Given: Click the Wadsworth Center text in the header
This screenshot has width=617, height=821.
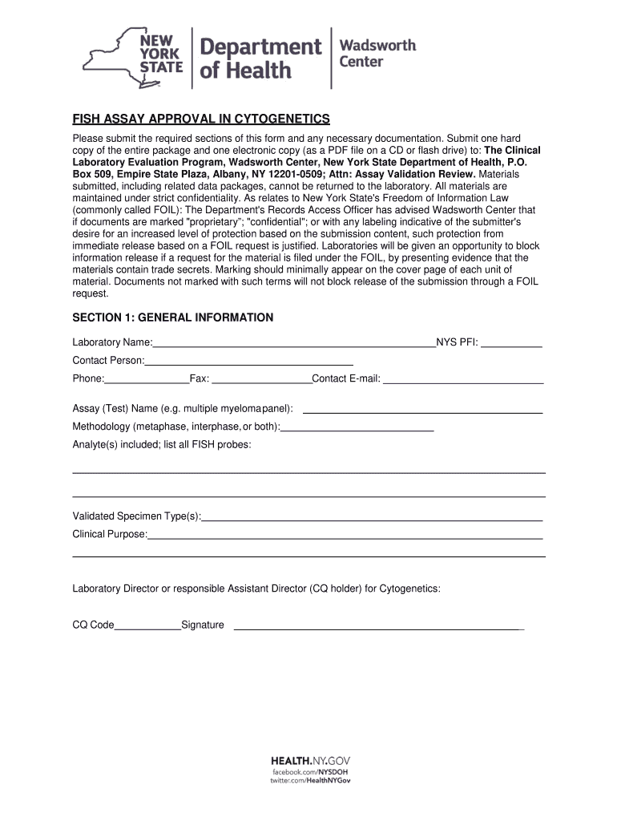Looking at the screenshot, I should [378, 53].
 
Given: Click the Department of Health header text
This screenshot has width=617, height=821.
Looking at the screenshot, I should [260, 59].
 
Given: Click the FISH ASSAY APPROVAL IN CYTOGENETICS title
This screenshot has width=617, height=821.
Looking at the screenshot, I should [201, 119].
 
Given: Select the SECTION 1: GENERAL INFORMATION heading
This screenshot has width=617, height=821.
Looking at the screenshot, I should [173, 318].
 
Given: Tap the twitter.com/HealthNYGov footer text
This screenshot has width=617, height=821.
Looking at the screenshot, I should [310, 781].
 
